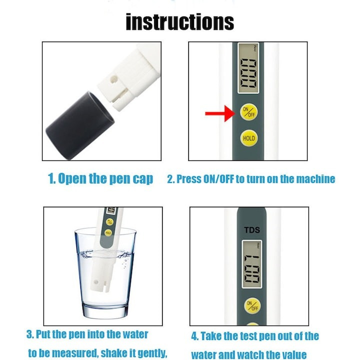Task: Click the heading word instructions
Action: [x=180, y=22]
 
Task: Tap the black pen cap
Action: [x=80, y=125]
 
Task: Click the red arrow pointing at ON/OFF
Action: [x=220, y=113]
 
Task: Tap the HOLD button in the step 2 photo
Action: [x=249, y=138]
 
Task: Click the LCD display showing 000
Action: [x=248, y=68]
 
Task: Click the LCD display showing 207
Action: [x=251, y=264]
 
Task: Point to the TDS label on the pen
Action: [x=252, y=230]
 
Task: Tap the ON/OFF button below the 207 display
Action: [x=252, y=306]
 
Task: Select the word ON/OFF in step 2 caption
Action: [x=219, y=178]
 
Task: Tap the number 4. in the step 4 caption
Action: [x=195, y=336]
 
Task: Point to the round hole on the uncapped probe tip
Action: [x=113, y=79]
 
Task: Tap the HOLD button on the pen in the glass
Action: [x=108, y=232]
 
